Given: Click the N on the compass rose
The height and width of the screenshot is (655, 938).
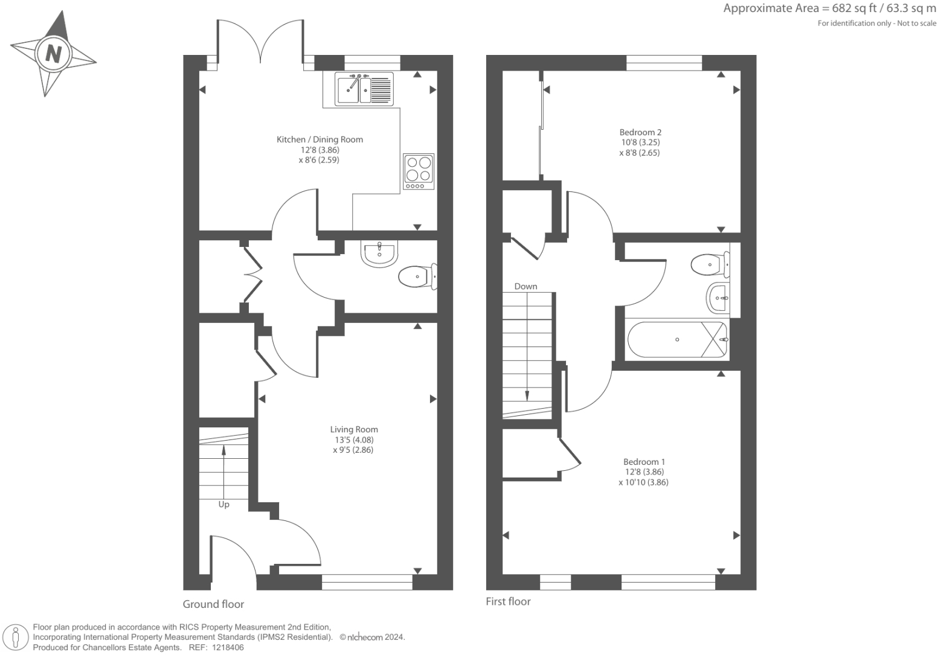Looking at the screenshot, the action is coord(53,54).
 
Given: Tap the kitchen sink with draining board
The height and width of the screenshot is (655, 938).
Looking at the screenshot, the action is coord(364,89).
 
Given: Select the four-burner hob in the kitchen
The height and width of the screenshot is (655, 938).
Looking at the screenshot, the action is coord(419,171).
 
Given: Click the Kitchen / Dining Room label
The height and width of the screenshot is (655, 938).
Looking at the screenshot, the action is coord(320,139).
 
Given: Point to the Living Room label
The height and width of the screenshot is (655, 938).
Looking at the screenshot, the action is coord(354,429).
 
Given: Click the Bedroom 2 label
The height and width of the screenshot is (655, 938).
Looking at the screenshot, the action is coord(640,132).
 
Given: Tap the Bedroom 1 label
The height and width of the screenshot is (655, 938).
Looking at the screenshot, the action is coord(644,462).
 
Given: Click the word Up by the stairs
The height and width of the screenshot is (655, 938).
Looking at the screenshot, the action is coord(223,505).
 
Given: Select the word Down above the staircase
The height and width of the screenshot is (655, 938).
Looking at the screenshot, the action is coord(525,286).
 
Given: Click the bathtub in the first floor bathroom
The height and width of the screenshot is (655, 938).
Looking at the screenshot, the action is coord(678,339).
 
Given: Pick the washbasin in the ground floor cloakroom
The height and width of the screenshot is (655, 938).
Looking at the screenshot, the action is coord(379,254).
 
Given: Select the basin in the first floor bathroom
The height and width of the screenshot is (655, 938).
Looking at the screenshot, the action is coord(718,298).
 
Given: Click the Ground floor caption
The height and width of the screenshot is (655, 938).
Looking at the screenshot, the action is coord(213,604).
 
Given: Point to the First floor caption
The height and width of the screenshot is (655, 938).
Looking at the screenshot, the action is coord(508,601).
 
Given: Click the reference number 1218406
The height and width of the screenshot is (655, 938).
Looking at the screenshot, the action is coord(228,648).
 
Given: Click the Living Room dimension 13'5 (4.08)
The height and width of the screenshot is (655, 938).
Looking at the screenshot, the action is coord(354,440).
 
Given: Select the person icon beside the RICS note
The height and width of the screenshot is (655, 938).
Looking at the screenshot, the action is coord(16,637).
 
